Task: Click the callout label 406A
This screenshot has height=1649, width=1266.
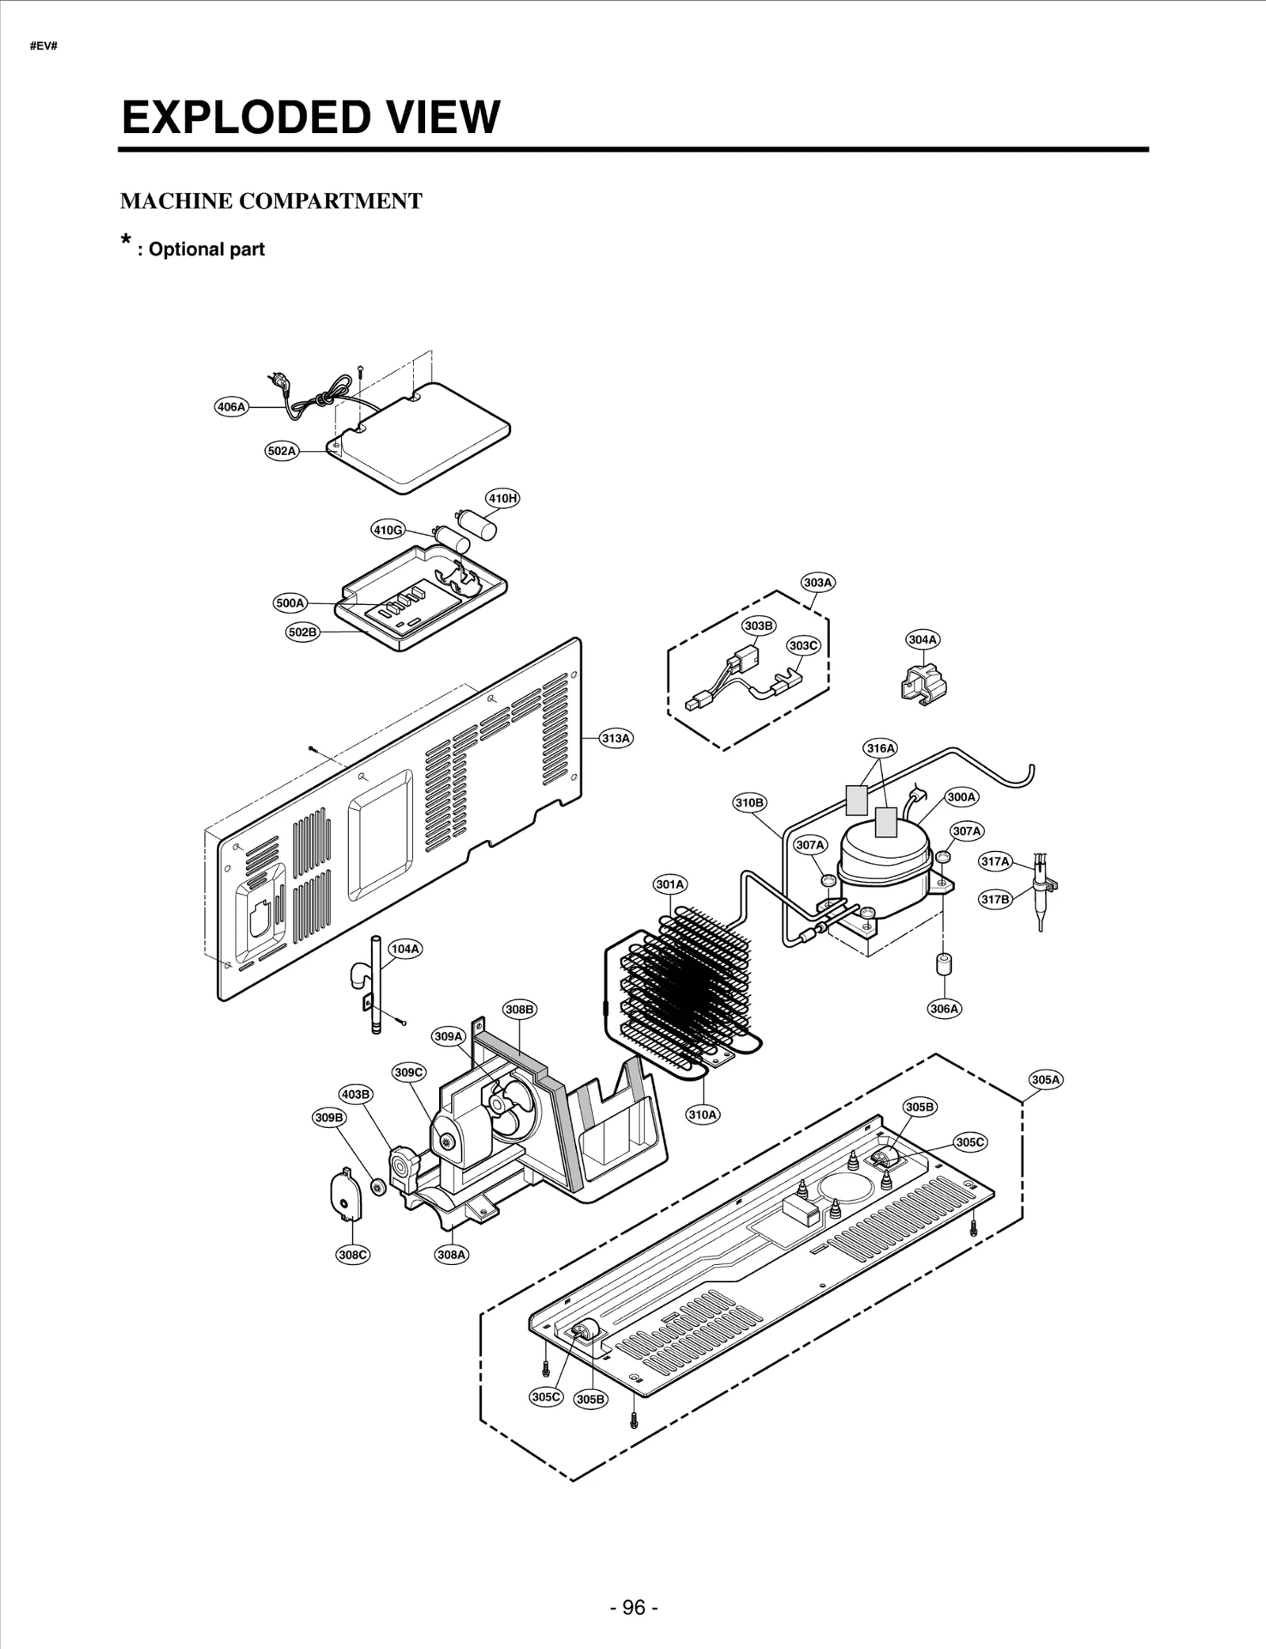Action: tap(231, 407)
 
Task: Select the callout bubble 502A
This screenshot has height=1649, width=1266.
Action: tap(282, 451)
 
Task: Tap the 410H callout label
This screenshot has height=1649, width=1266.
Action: tap(502, 498)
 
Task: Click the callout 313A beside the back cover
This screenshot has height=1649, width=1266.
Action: tap(616, 738)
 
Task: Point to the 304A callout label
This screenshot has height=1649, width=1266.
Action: tap(923, 639)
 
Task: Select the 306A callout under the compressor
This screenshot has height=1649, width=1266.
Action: tap(944, 1009)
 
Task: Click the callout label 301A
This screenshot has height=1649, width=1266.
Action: tap(670, 883)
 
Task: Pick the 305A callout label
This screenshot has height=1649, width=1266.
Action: tap(1045, 1079)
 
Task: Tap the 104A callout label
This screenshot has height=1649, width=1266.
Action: tap(405, 948)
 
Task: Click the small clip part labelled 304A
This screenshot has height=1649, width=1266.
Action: tap(922, 679)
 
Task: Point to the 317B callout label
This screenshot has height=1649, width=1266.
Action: tap(996, 899)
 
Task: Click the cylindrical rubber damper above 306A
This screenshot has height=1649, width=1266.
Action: tap(944, 966)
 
